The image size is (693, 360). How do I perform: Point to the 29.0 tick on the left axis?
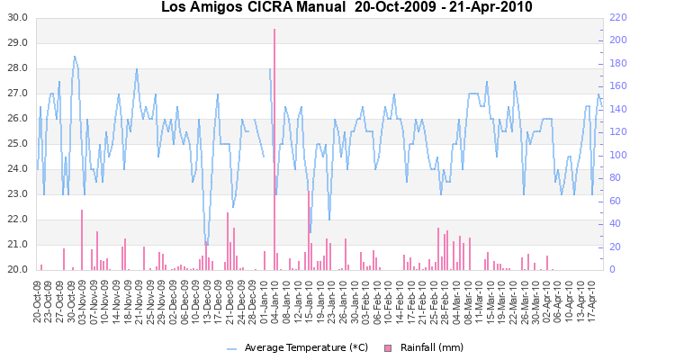[19, 43]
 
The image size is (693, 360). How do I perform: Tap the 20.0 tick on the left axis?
[19, 270]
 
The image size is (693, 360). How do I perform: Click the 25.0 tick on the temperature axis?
[19, 144]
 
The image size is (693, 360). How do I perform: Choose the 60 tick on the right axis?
[615, 202]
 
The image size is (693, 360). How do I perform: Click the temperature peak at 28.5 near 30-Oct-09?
[75, 56]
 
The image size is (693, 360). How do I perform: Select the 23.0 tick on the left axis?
[19, 194]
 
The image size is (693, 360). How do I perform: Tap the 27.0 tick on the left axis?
[19, 94]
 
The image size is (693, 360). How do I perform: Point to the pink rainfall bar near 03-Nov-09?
[82, 239]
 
